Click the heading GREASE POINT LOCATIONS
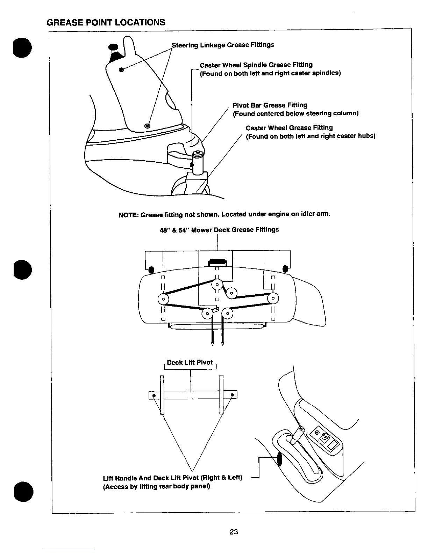[x=106, y=22]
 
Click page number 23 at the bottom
[x=234, y=532]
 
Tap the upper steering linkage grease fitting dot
[x=121, y=69]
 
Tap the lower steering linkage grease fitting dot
[x=147, y=126]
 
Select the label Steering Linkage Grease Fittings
[x=222, y=45]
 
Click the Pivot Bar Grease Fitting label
[x=270, y=105]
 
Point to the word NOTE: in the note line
[x=129, y=214]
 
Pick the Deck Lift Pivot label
[x=190, y=362]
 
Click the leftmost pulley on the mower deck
[x=163, y=299]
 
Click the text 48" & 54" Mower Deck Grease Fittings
[x=219, y=230]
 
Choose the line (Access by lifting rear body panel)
[x=156, y=486]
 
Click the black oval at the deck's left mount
[x=151, y=270]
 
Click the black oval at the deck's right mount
[x=285, y=269]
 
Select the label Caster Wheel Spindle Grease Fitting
[x=256, y=65]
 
